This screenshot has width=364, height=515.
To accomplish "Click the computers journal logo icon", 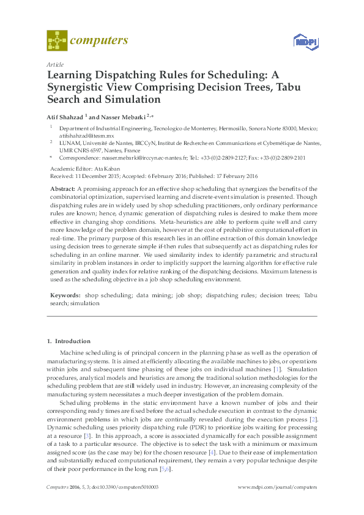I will click(57, 41).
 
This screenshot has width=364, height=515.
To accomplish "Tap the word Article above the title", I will click(54, 64).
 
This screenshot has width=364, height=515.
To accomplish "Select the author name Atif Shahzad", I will click(65, 116).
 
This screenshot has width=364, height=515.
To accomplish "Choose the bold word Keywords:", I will click(65, 295).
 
